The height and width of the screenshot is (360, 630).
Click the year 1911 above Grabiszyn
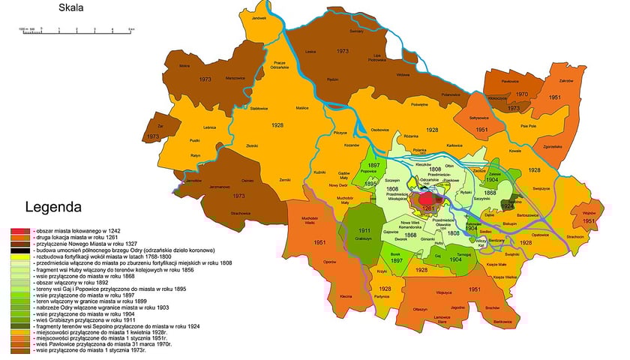[x=364, y=231]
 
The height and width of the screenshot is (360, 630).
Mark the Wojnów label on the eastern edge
[x=588, y=213]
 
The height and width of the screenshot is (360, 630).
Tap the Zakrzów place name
[x=566, y=80]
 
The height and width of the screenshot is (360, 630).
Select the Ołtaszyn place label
[x=421, y=310]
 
